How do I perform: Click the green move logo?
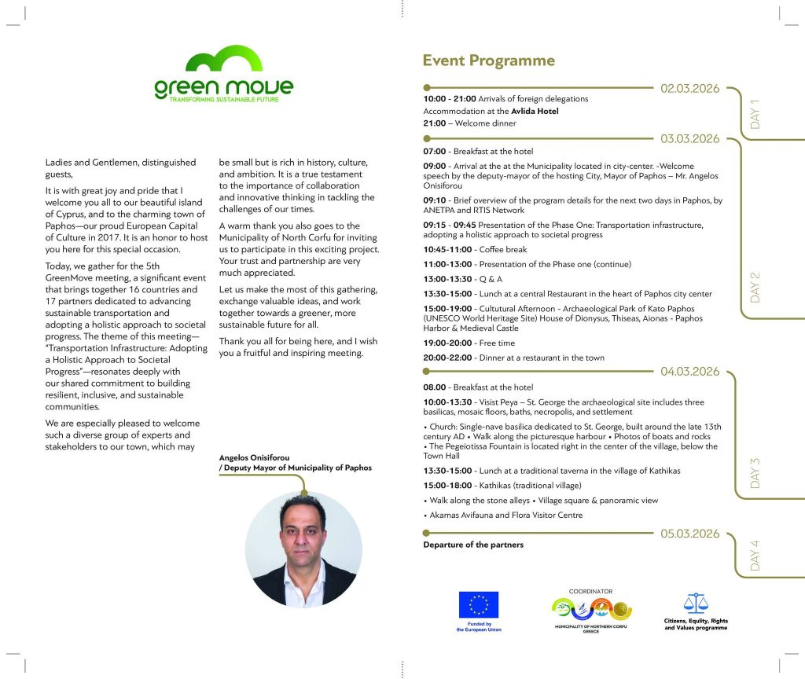223,75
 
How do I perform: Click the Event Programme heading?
488,61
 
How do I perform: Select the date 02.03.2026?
690,89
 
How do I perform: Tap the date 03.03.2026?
690,139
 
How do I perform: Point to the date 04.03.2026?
690,371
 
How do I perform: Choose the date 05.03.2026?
690,534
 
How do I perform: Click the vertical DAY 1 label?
755,114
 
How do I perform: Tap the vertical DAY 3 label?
755,472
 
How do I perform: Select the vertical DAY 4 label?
755,556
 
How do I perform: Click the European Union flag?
479,604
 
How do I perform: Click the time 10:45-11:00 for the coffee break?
448,250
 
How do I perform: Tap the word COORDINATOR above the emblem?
590,590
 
